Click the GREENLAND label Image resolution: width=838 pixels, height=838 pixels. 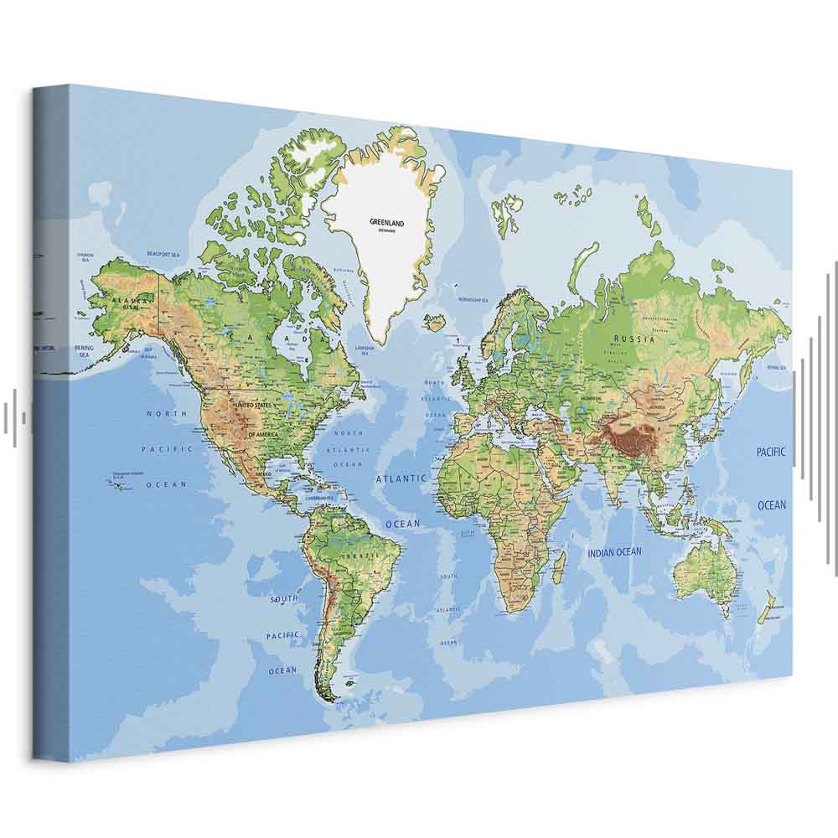[386, 223]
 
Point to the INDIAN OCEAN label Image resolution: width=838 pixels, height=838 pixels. [614, 552]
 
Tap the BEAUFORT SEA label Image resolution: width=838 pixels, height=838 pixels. [163, 253]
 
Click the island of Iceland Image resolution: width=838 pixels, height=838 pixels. [435, 321]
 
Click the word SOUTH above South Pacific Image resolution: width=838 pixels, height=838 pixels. [284, 599]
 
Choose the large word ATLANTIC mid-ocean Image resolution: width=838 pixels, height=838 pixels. [401, 478]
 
